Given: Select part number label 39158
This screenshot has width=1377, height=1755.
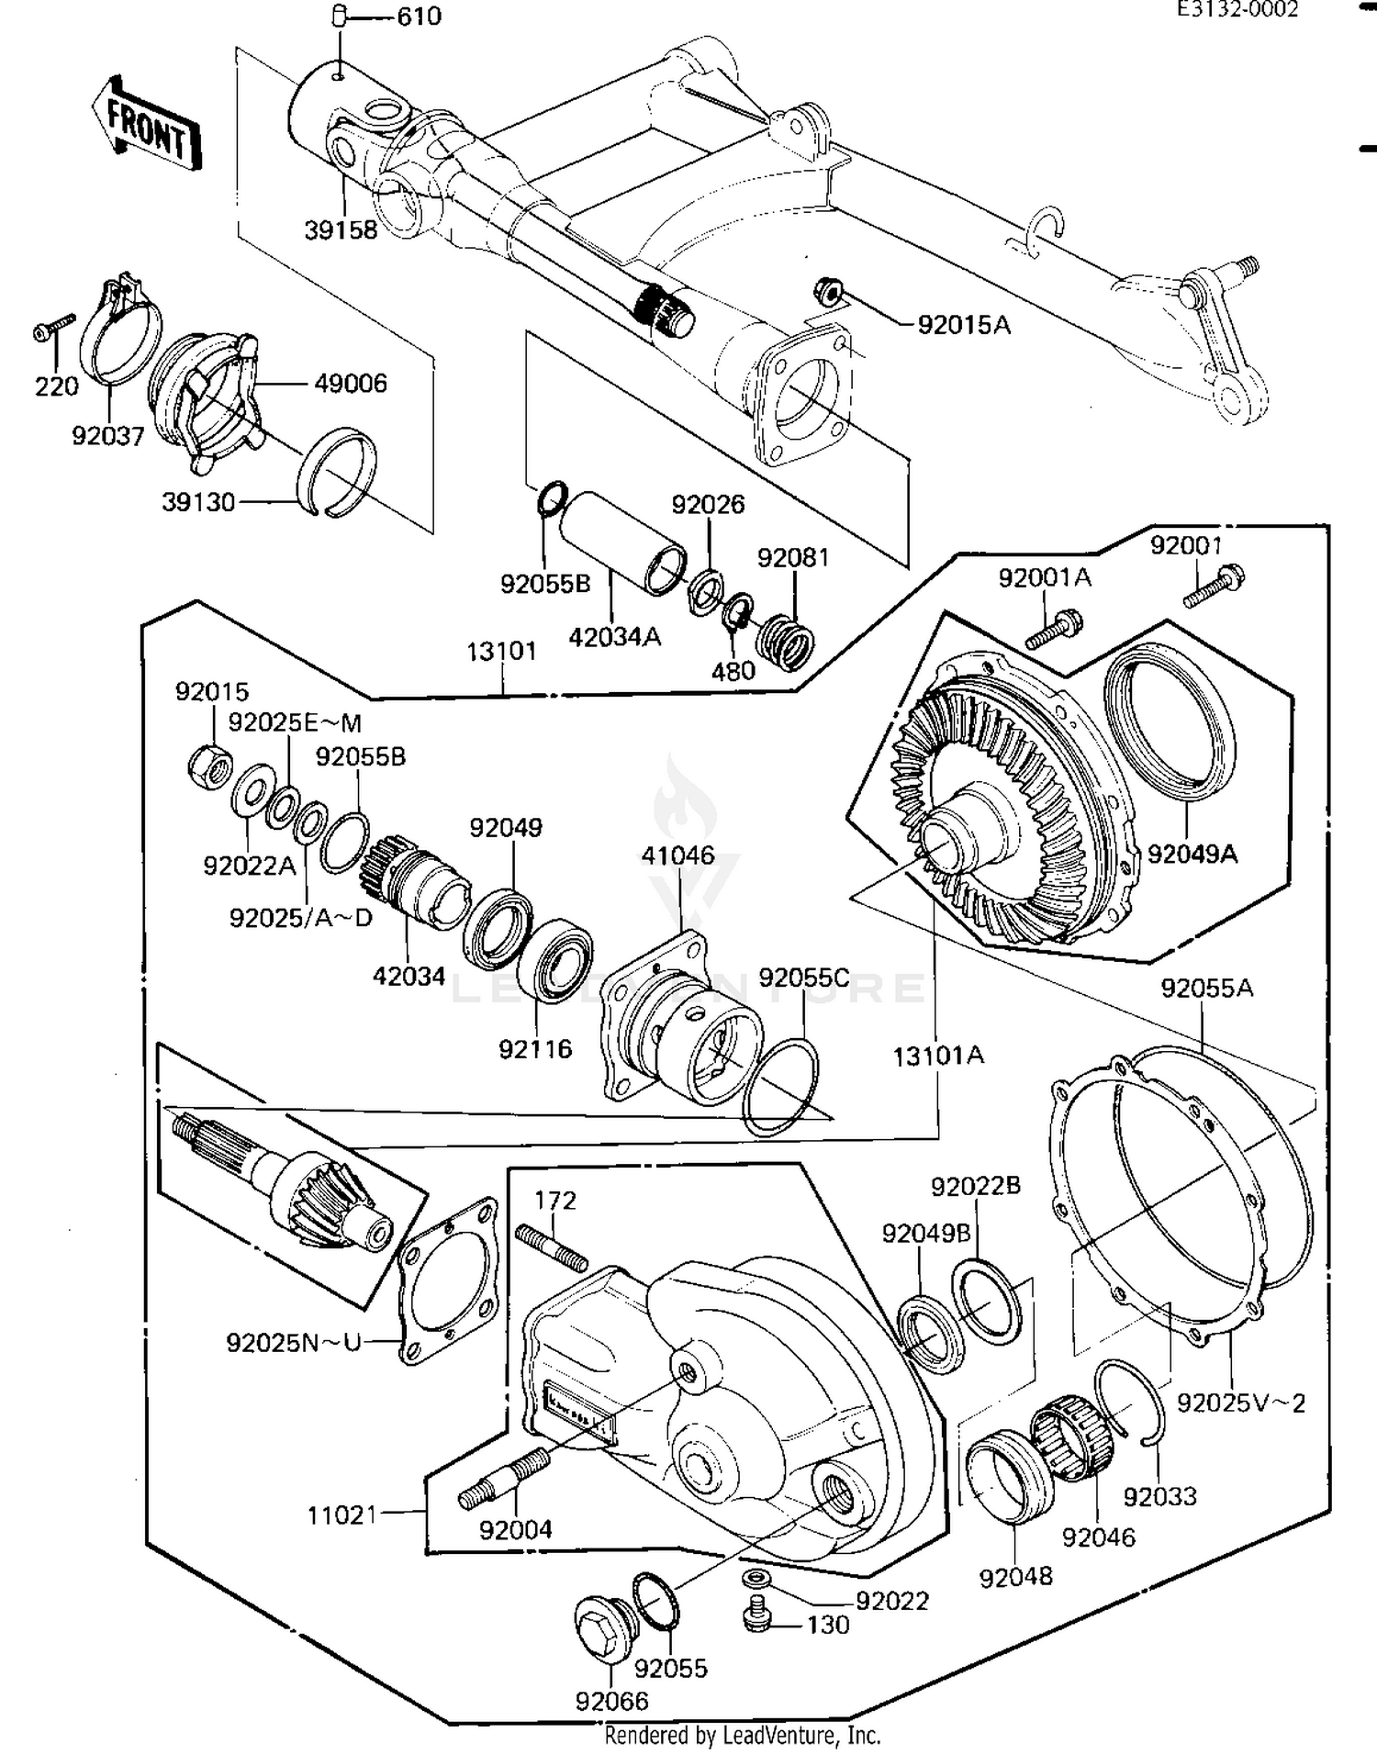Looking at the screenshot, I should click(x=341, y=229).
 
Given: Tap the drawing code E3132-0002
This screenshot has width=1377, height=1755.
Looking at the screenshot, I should click(x=1238, y=10).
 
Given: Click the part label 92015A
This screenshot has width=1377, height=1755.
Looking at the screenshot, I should click(x=964, y=325).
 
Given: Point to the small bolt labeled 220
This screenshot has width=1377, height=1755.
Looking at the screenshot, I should click(x=53, y=328).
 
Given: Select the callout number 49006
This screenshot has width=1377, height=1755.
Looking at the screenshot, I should click(x=351, y=383).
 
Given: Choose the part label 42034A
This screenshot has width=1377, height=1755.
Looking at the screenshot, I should click(x=614, y=636).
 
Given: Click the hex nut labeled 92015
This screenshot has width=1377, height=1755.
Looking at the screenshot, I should click(x=210, y=766).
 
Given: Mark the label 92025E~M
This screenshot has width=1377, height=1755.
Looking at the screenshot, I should click(x=295, y=722).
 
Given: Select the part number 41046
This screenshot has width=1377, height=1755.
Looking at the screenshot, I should click(x=677, y=855).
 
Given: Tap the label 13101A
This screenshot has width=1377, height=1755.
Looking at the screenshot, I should click(x=938, y=1056).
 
